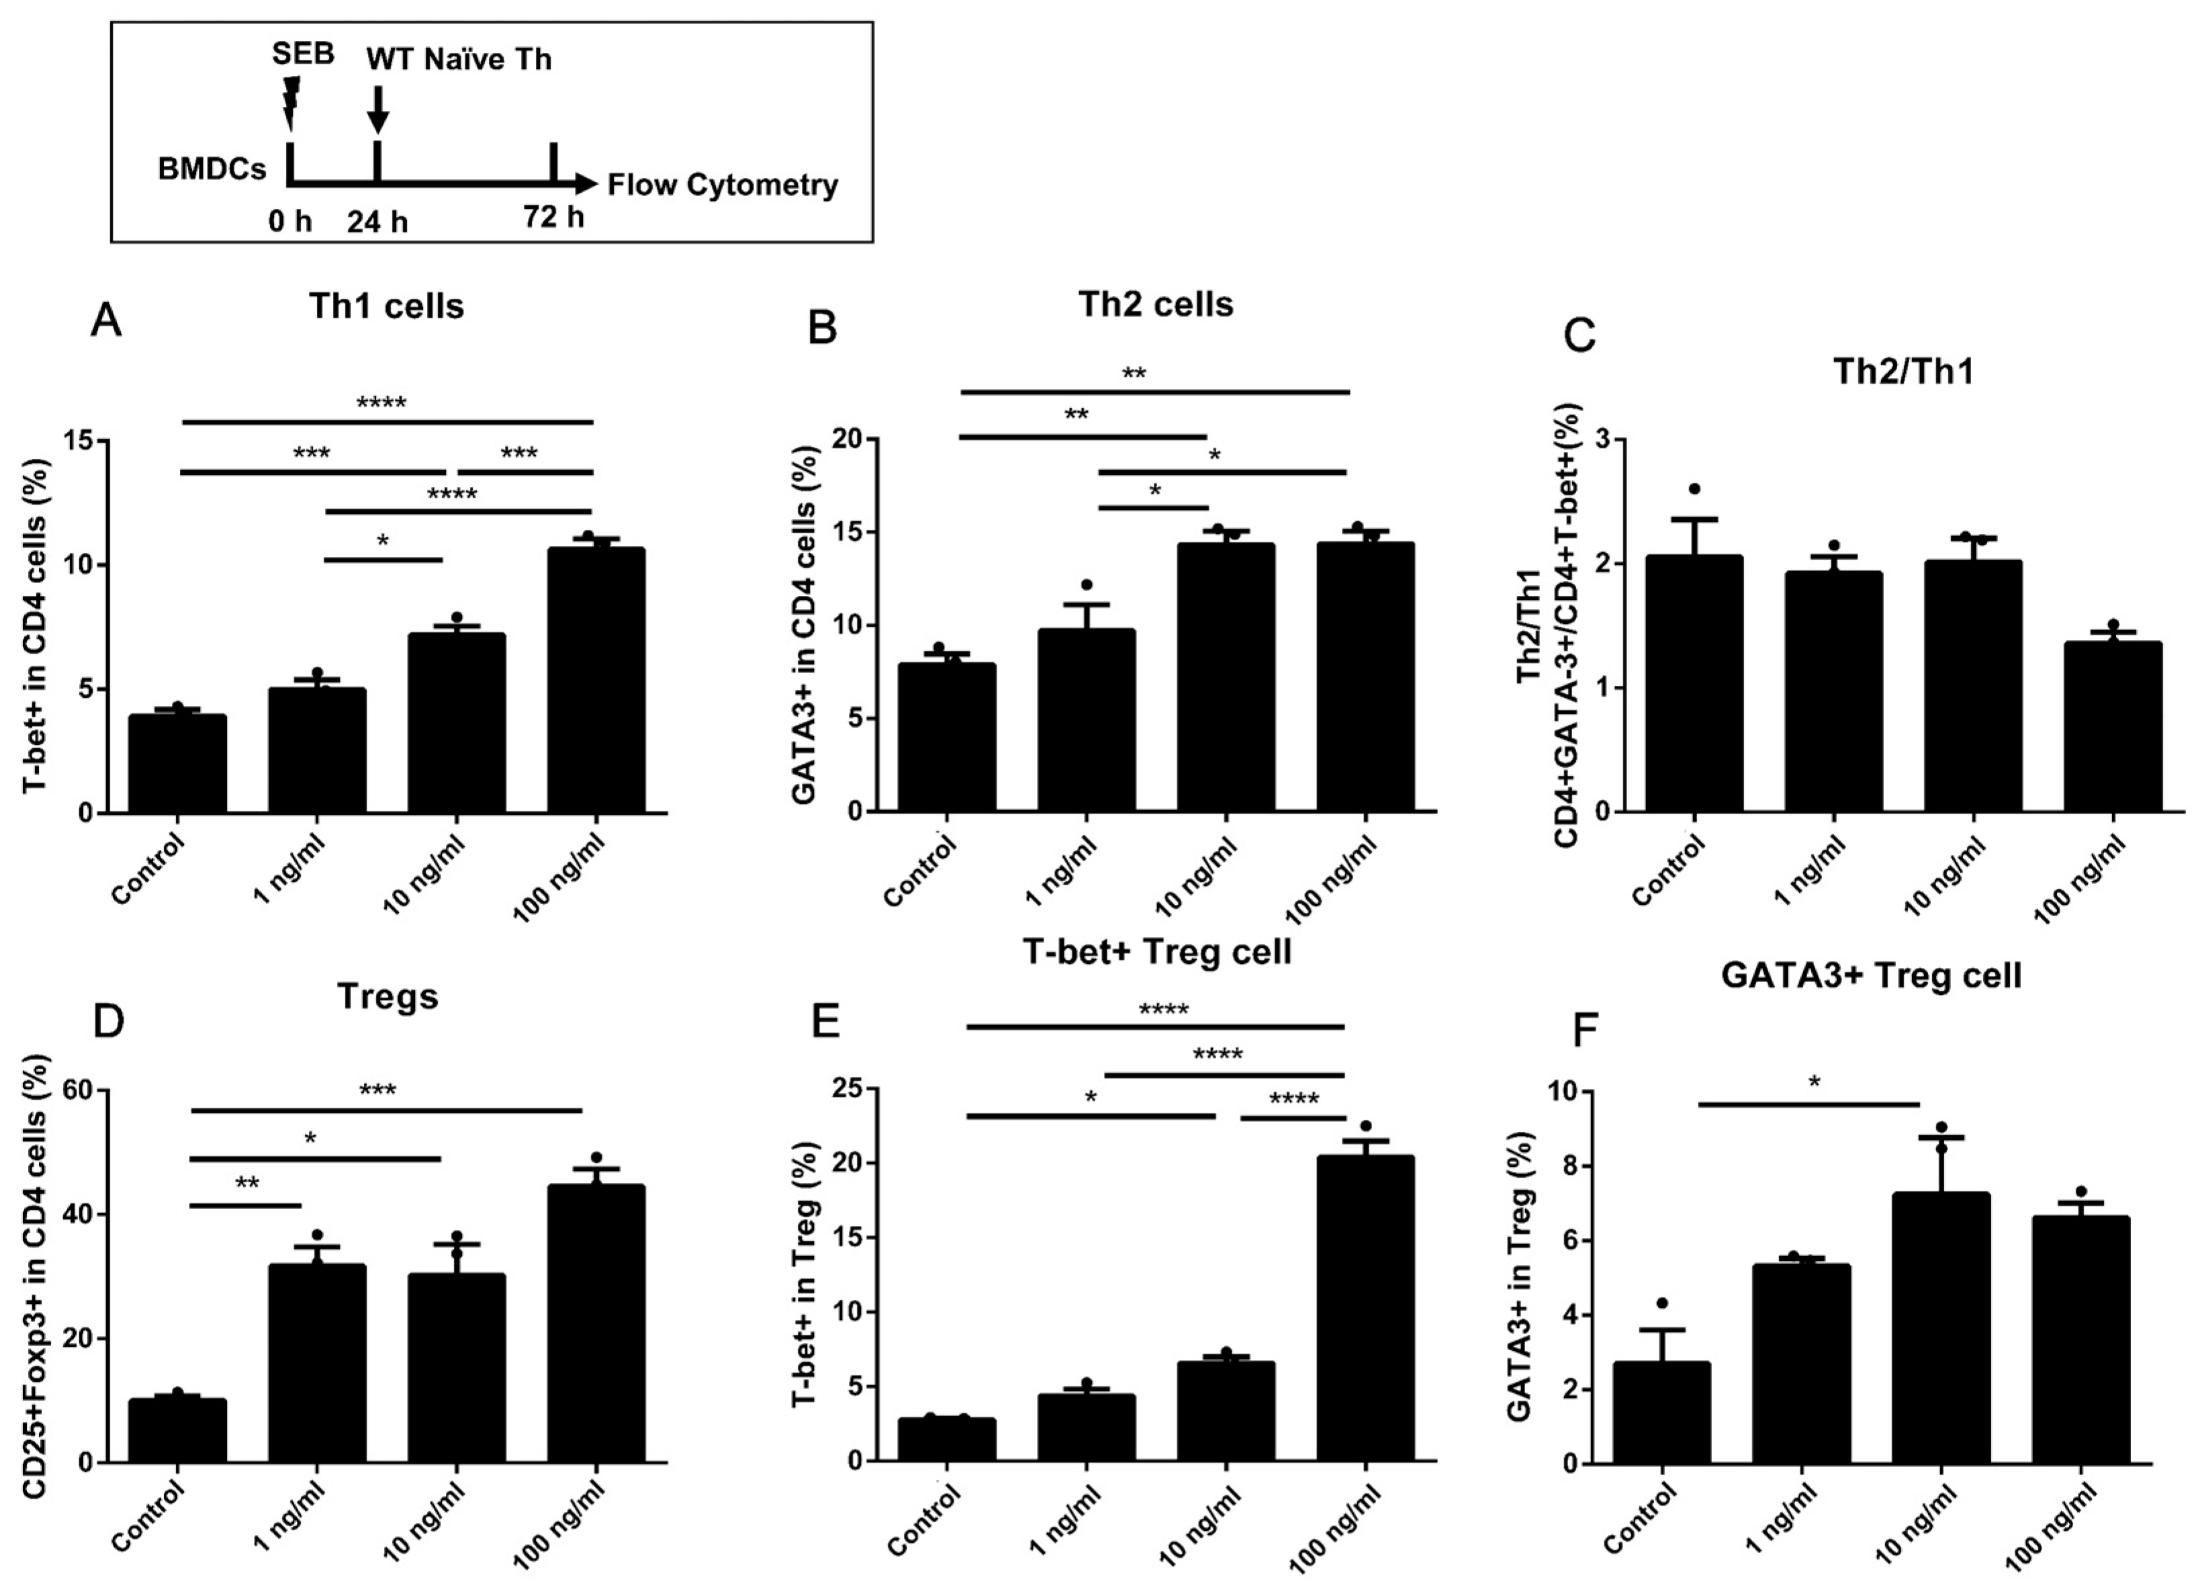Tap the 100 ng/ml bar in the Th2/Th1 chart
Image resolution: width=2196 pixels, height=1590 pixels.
tap(2113, 726)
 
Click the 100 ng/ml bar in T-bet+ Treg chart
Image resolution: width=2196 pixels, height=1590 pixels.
tap(1365, 1307)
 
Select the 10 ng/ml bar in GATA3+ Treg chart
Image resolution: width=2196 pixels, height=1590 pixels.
tap(1941, 1327)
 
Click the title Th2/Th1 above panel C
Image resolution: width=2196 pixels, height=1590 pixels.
tap(1903, 372)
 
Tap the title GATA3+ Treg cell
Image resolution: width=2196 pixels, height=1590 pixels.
tap(1871, 975)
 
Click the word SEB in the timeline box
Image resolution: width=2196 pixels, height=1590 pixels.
tap(303, 53)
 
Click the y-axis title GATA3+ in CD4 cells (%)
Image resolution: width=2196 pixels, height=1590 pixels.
tap(807, 625)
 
